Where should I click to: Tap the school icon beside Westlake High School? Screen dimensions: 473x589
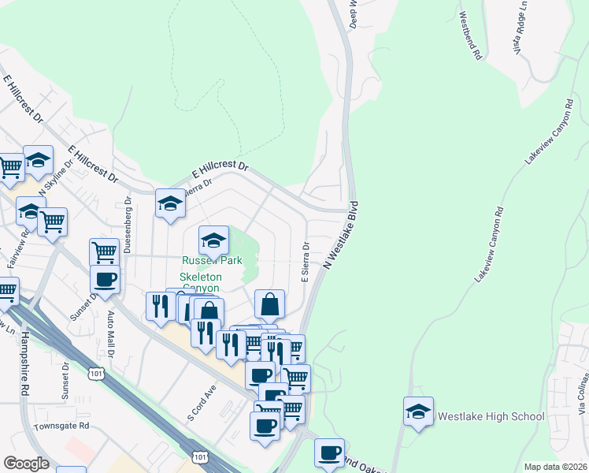(x=418, y=411)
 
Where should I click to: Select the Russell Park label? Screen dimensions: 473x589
(x=213, y=261)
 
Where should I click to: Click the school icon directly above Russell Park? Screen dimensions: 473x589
(x=213, y=239)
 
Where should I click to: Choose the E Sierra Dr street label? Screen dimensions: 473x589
(x=304, y=262)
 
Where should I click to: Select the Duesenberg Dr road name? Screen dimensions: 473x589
(x=128, y=229)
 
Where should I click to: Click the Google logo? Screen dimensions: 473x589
(x=26, y=464)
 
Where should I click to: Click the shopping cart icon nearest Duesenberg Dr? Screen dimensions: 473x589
(x=104, y=252)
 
